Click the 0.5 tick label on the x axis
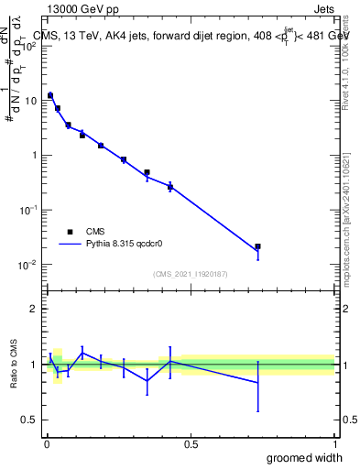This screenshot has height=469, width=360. pos(191,442)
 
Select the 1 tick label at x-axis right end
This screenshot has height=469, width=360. pos(334,442)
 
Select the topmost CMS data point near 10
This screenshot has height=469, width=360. pos(50,95)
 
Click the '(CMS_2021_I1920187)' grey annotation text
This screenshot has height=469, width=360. pos(191,273)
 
